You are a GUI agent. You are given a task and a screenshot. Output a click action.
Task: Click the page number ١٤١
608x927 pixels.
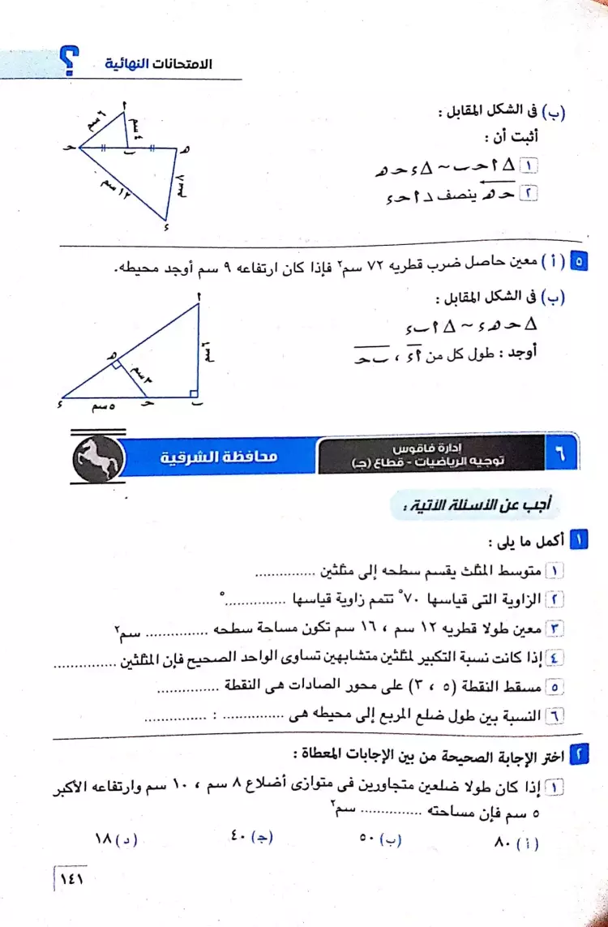point(72,878)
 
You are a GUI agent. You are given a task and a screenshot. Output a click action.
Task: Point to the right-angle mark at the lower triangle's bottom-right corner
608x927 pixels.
point(194,393)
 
